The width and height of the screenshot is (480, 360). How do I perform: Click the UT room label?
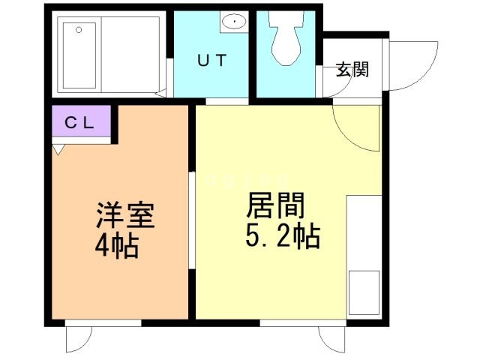point(211,62)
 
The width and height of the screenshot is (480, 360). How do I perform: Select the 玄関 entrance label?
point(352,71)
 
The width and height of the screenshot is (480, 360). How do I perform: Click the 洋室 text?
point(124,215)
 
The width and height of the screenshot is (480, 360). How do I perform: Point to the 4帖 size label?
point(117,245)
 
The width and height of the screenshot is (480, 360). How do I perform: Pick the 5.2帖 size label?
point(283,237)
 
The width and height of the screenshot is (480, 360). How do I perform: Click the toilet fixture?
point(285,40)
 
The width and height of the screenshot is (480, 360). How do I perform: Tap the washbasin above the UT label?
point(235,22)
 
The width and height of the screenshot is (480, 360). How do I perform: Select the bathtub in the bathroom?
point(79,54)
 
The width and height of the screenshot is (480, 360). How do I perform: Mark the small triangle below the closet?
point(58,150)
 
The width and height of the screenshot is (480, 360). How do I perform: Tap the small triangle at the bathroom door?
point(161,94)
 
